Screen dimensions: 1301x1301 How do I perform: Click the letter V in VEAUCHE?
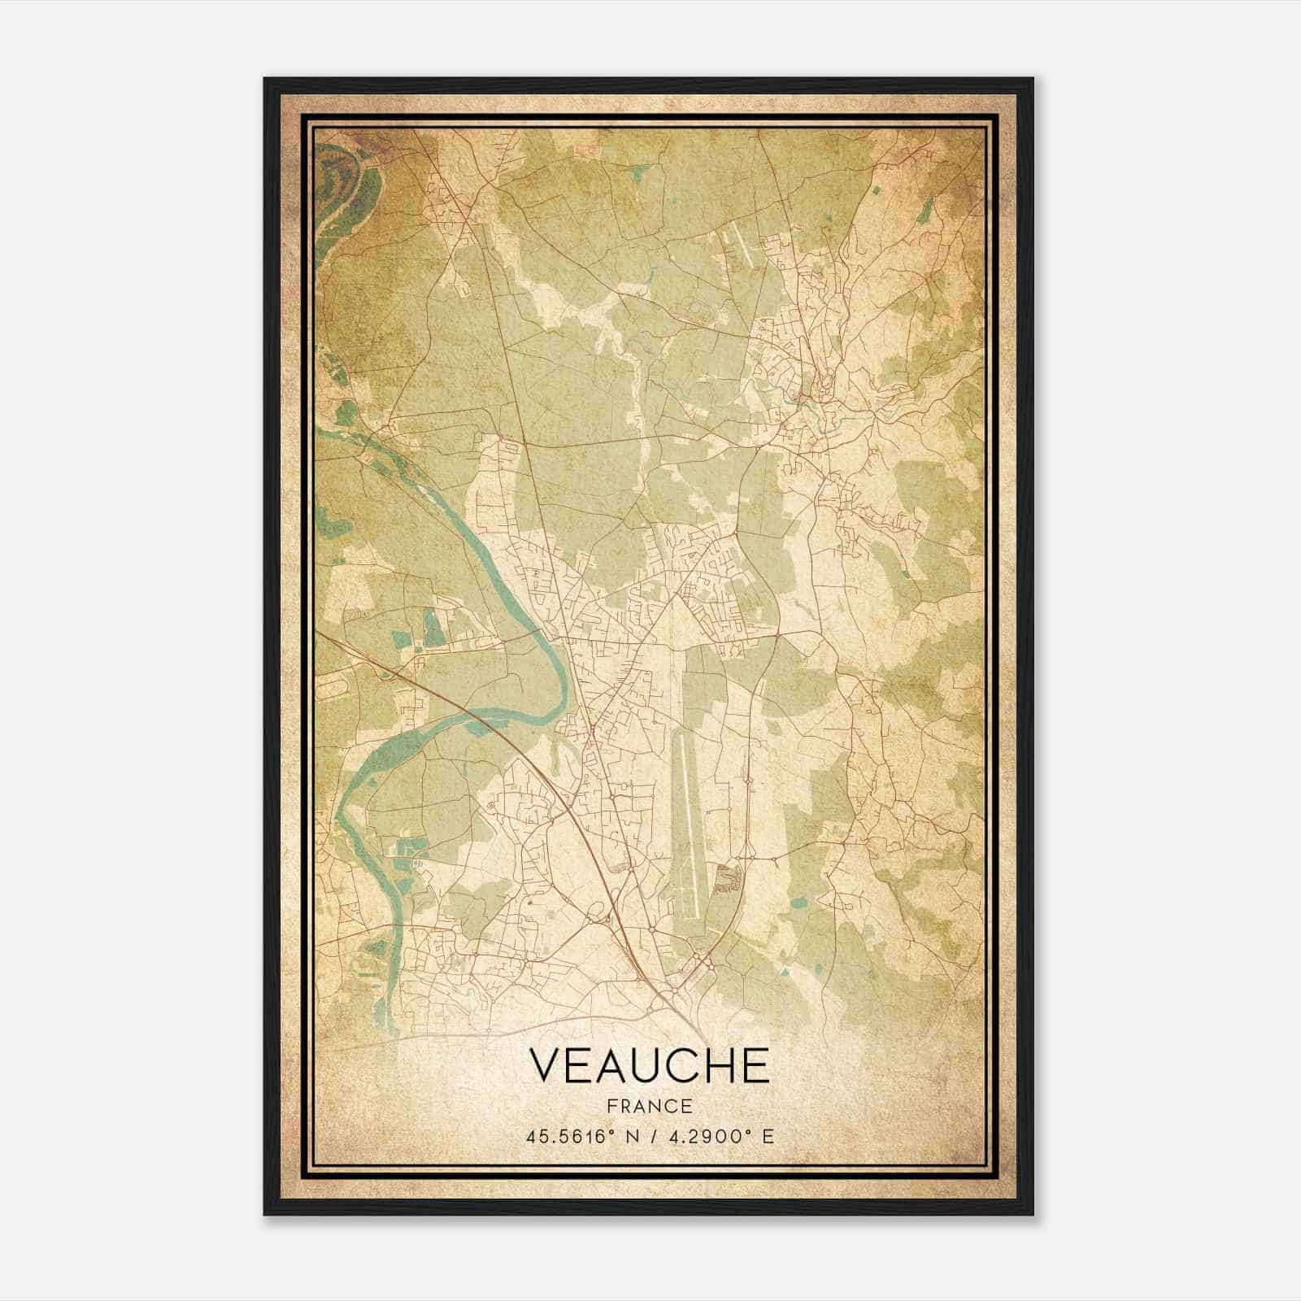[546, 1065]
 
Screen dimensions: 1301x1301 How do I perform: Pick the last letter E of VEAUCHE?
[754, 1065]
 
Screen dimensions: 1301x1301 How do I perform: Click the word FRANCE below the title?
[649, 1107]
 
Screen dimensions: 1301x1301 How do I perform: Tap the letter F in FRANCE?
[612, 1107]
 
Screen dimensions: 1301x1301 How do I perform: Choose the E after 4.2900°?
[768, 1136]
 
